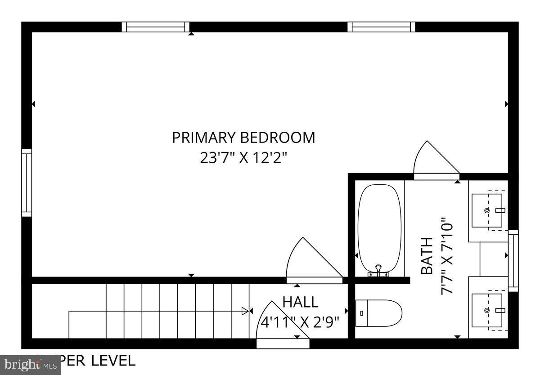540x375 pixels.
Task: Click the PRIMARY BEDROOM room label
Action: coord(243,137)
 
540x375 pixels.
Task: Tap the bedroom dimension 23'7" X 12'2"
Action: coord(243,158)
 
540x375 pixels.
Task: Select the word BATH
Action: coord(427,256)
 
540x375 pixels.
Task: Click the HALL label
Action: coord(300,302)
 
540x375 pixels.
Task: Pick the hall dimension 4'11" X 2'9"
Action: coord(300,322)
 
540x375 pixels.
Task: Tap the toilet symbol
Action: coord(378,313)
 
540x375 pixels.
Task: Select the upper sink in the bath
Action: coord(487,210)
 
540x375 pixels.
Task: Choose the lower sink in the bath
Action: coord(487,310)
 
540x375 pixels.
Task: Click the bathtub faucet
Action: coord(378,270)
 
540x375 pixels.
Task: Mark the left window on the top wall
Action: coord(156,27)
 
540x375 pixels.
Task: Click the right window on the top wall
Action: coord(381,27)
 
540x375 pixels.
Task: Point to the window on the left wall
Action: coord(27,183)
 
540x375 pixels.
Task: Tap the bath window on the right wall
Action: coord(513,261)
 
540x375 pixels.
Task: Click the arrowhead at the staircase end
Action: coord(245,311)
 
